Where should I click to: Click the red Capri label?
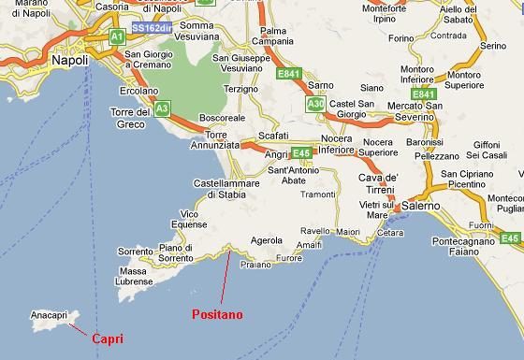pyautogui.click(x=108, y=338)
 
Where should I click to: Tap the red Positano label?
pyautogui.click(x=217, y=315)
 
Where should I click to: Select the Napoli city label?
pyautogui.click(x=70, y=60)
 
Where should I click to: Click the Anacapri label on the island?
pyautogui.click(x=49, y=316)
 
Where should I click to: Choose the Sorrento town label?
pyautogui.click(x=135, y=252)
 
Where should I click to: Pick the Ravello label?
pyautogui.click(x=315, y=230)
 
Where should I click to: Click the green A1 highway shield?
pyautogui.click(x=117, y=36)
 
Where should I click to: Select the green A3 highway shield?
pyautogui.click(x=162, y=108)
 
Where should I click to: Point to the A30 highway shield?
pyautogui.click(x=315, y=106)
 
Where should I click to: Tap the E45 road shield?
pyautogui.click(x=300, y=152)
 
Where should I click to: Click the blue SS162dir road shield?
pyautogui.click(x=152, y=29)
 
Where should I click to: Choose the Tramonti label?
pyautogui.click(x=318, y=194)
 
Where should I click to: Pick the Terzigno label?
pyautogui.click(x=241, y=88)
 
